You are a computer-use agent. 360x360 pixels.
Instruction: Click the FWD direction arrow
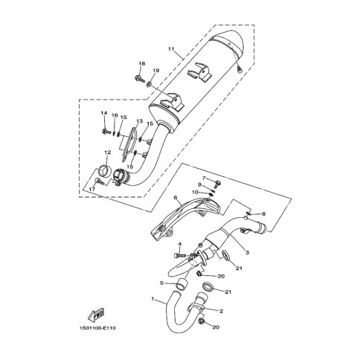tap(96, 314)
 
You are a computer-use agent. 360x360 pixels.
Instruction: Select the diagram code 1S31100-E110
tap(97, 328)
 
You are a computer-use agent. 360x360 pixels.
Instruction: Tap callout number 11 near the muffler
tap(171, 48)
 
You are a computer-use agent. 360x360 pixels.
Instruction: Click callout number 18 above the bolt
tap(141, 64)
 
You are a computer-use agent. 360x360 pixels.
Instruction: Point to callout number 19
tap(155, 71)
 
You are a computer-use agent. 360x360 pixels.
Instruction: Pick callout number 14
tap(104, 113)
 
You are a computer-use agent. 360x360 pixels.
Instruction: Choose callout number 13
tap(140, 121)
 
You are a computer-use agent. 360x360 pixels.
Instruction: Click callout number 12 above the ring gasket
tap(107, 152)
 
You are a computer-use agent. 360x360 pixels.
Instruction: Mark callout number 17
tap(92, 189)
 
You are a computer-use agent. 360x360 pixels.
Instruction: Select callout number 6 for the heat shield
tap(176, 197)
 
